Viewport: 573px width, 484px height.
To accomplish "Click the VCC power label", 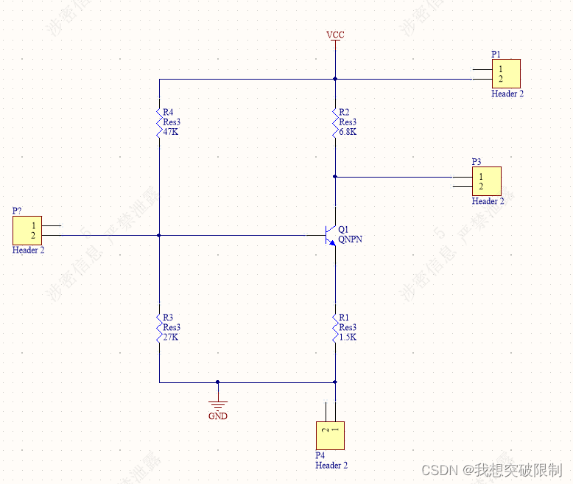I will click(x=335, y=35).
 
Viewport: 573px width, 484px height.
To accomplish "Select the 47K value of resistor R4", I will click(x=171, y=132).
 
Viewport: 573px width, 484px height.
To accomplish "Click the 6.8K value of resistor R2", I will click(x=348, y=132).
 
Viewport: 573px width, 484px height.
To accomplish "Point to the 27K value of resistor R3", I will click(x=171, y=337).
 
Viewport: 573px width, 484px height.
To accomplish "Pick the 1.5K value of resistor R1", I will click(x=348, y=337).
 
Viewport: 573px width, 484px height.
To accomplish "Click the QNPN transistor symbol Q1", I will click(x=329, y=236).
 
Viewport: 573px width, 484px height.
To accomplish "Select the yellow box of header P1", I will click(x=506, y=74).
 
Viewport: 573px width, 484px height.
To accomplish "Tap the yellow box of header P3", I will click(x=486, y=181).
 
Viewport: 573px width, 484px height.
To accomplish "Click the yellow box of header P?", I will click(x=27, y=230).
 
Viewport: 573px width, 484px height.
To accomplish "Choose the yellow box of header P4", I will click(x=330, y=435).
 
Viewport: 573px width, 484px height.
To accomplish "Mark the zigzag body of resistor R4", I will click(x=158, y=121).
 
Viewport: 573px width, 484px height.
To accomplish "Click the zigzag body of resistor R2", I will click(x=335, y=121).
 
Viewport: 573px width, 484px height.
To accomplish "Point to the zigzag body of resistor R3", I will click(x=158, y=326).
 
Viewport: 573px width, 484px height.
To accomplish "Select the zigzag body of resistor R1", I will click(x=335, y=326).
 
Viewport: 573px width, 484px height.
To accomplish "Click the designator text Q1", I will click(x=343, y=230).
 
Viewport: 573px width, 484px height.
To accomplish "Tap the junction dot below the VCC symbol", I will click(x=335, y=78).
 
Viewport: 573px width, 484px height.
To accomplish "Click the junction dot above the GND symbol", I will click(x=217, y=382).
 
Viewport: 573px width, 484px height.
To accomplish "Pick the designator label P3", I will click(x=477, y=162).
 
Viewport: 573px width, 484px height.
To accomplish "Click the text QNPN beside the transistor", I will click(x=350, y=240).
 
